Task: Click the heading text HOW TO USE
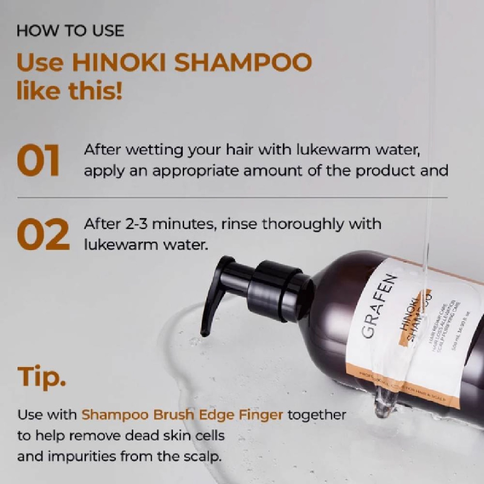pyautogui.click(x=70, y=31)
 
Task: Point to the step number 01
pyautogui.click(x=38, y=161)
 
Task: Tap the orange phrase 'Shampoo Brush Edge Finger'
pyautogui.click(x=182, y=415)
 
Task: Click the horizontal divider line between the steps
pyautogui.click(x=232, y=198)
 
